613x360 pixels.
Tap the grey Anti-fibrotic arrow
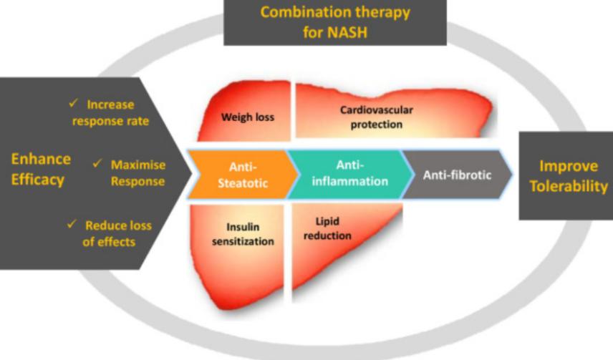[x=456, y=174]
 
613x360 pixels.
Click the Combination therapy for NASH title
[x=335, y=21]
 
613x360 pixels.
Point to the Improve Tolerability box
[x=566, y=175]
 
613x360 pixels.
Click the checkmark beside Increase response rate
[x=72, y=104]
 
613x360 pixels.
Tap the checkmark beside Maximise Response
[x=97, y=164]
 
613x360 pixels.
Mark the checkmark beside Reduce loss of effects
[x=71, y=225]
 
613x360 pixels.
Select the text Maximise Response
[x=137, y=172]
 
